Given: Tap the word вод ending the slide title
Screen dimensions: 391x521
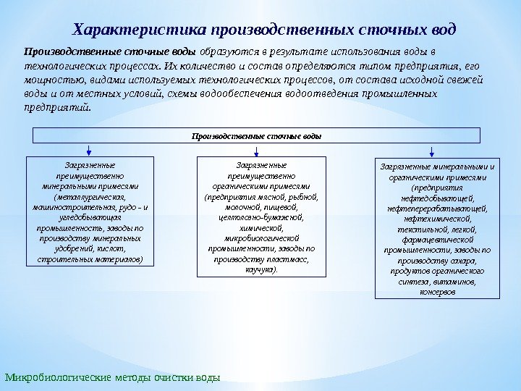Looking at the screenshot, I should (x=441, y=30).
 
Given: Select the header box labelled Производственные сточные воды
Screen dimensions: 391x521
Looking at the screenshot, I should (x=256, y=135).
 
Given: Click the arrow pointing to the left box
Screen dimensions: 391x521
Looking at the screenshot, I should (x=88, y=150).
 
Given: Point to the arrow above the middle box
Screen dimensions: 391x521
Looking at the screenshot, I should (x=258, y=150).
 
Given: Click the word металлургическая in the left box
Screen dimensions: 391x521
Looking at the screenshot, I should (x=90, y=196).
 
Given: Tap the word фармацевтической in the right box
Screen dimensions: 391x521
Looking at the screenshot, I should (x=437, y=239).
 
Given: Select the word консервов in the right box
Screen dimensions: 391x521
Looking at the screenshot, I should (x=437, y=292).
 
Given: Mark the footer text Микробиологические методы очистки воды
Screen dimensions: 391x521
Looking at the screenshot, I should (x=111, y=378).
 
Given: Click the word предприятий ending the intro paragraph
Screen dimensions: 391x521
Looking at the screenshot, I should (x=57, y=107).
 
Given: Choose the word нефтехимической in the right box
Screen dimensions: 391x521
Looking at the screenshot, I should (x=437, y=218).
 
